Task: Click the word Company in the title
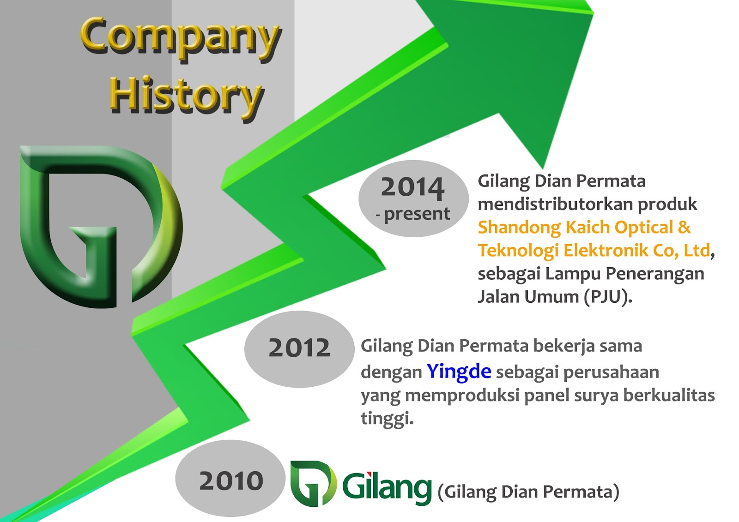(181, 40)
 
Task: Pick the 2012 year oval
(299, 349)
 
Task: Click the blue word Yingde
(459, 372)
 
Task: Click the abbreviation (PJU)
(608, 297)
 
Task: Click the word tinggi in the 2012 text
(387, 419)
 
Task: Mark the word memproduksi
(462, 396)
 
